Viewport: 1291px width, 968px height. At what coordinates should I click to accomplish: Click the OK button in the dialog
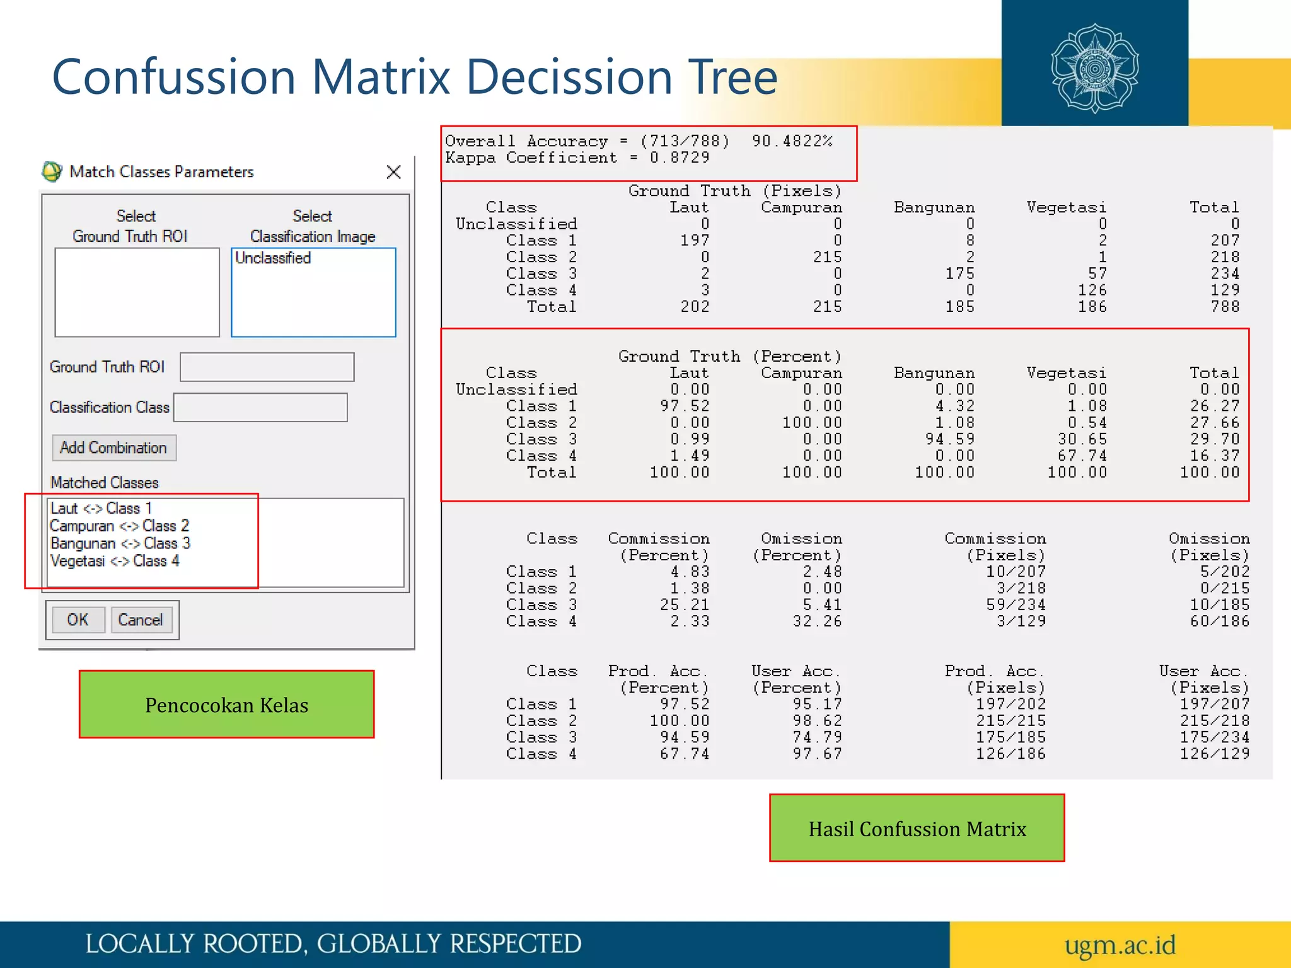point(78,619)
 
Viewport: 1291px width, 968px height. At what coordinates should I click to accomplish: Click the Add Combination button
point(113,447)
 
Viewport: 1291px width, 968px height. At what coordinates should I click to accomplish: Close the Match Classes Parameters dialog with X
point(394,171)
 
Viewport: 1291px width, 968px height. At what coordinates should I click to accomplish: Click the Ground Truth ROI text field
point(267,367)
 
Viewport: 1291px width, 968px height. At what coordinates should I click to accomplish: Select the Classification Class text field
point(260,407)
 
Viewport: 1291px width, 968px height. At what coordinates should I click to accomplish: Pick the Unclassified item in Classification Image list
point(273,258)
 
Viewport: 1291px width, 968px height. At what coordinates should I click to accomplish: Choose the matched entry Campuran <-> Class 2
point(120,526)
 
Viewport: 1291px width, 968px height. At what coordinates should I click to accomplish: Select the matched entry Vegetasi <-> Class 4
point(115,561)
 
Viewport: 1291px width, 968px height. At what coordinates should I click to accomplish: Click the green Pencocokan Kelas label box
point(226,704)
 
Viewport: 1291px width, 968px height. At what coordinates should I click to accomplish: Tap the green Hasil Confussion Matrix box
point(917,828)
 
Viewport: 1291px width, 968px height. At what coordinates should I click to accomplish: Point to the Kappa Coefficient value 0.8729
point(680,158)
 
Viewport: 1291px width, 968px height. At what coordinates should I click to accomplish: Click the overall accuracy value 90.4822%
point(792,141)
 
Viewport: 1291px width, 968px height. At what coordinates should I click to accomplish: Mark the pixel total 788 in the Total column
point(1225,307)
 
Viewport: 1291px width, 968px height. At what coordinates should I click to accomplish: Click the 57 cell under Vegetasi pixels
point(1097,274)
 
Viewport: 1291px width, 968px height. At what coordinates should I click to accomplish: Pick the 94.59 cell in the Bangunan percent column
point(949,439)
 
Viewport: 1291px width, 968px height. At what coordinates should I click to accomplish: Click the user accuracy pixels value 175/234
point(1214,737)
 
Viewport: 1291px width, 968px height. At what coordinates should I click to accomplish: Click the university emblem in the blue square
point(1095,68)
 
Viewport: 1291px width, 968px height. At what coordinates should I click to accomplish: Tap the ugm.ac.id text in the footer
point(1120,945)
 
